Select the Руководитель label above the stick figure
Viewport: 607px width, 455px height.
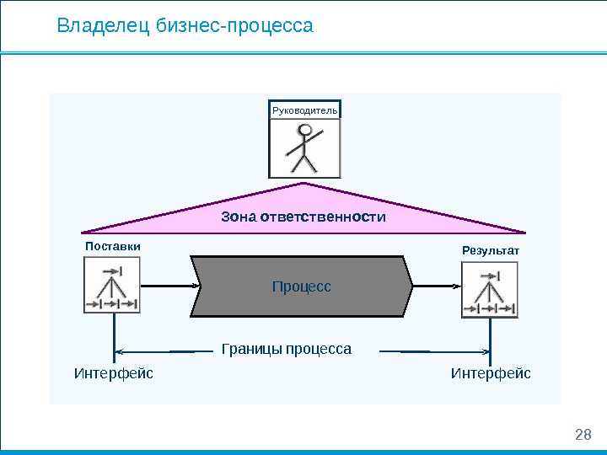[x=304, y=110]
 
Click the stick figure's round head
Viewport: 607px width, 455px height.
[x=306, y=131]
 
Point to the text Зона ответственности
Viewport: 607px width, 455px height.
[x=303, y=217]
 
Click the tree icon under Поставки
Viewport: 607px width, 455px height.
[x=112, y=286]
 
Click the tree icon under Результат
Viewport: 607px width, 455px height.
[x=489, y=291]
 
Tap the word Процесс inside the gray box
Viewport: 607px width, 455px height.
[x=302, y=287]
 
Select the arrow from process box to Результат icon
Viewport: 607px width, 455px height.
[x=437, y=286]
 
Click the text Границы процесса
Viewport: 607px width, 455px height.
[x=286, y=349]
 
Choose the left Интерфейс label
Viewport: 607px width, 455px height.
[x=114, y=372]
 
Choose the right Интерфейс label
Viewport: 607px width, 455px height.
[x=491, y=372]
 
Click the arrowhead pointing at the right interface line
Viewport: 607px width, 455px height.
[x=484, y=350]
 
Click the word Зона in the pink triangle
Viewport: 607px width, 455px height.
[x=239, y=217]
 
